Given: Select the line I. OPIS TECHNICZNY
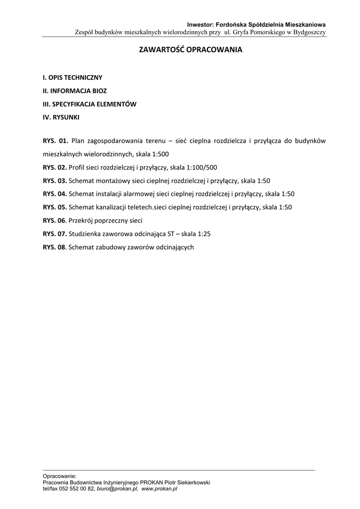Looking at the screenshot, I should pos(73,78).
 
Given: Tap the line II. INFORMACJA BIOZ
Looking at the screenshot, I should pos(75,91).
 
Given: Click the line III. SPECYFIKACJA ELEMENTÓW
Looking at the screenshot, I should pos(90,104).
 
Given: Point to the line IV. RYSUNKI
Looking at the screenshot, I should pos(61,118).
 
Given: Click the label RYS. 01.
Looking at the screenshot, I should pos(55,141).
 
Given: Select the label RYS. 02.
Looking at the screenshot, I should pos(55,168).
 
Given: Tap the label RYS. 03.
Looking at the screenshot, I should pos(55,181).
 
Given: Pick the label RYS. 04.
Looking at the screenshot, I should pos(55,194).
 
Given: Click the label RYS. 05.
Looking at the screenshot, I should pos(55,207).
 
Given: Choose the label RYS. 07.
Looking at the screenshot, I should pos(55,234).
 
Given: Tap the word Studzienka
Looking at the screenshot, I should pos(85,234).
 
